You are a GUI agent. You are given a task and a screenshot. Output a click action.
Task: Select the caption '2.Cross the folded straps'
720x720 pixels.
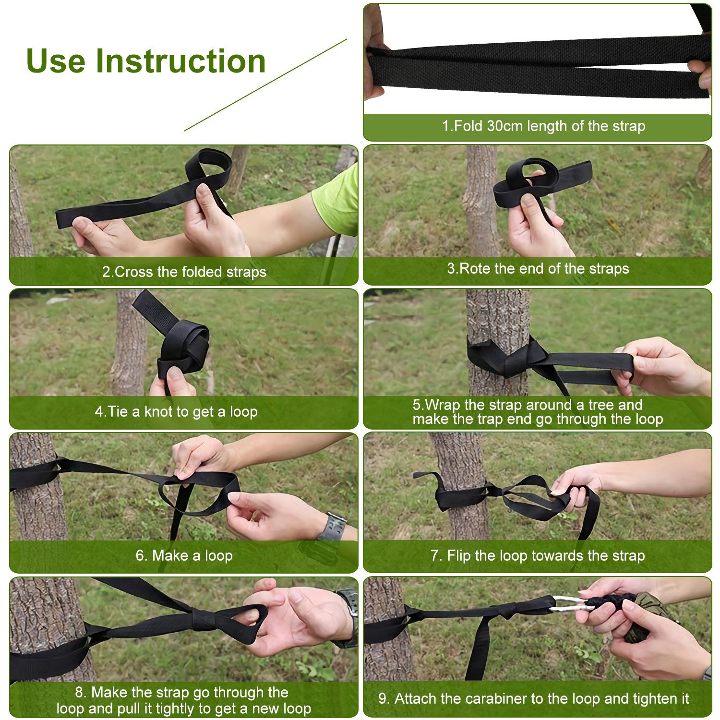184,272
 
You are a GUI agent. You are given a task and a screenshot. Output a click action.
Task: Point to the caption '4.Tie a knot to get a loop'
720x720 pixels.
176,412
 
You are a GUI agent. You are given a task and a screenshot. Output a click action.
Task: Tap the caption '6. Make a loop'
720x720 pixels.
184,556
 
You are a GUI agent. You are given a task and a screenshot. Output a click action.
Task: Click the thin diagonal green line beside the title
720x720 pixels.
265,85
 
